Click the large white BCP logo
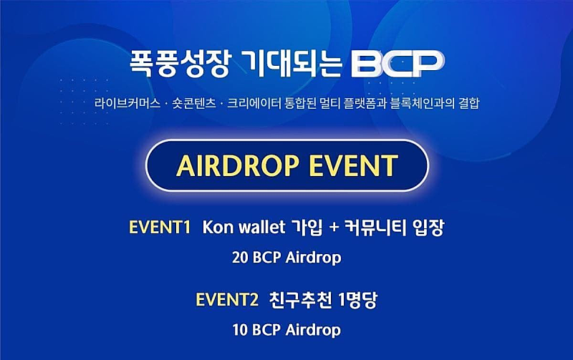click(x=398, y=64)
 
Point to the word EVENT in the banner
click(x=353, y=165)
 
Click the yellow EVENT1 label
click(x=160, y=227)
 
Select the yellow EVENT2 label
click(x=227, y=300)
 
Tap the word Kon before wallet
click(x=218, y=227)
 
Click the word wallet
click(x=261, y=227)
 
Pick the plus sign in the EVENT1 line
click(x=334, y=228)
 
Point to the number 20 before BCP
click(x=240, y=258)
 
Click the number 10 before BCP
click(x=240, y=330)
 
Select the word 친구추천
click(x=300, y=300)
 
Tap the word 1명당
click(x=357, y=300)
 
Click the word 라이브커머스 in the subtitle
click(x=127, y=103)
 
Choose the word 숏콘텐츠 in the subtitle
click(x=194, y=103)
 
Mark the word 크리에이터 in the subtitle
click(x=254, y=103)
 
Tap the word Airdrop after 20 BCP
click(x=313, y=258)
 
